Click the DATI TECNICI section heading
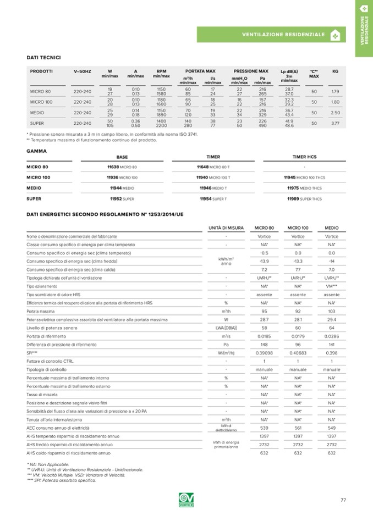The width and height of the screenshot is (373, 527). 43,57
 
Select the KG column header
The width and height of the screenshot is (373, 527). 336,71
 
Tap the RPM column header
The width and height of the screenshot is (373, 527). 161,71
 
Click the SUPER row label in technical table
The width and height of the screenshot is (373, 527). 37,124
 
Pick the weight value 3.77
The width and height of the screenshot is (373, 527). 336,124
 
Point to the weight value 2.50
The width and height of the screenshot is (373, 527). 336,113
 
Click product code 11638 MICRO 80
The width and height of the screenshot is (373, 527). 122,167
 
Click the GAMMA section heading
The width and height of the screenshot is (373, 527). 36,150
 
